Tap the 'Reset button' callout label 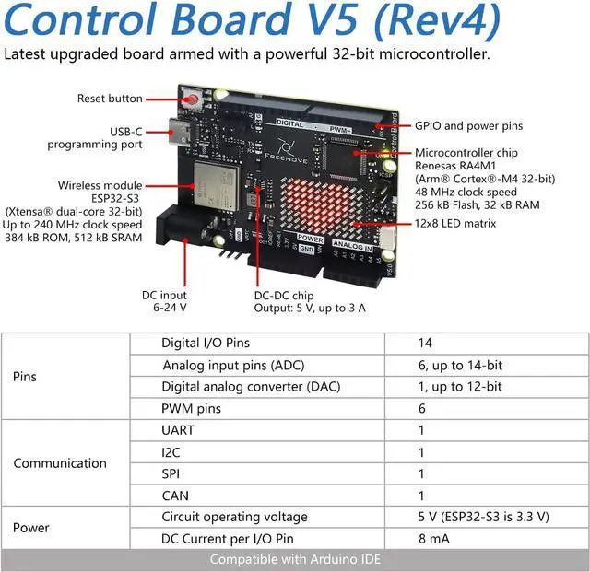tap(110, 99)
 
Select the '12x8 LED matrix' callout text tap(455, 223)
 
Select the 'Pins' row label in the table tap(26, 377)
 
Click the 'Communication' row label tap(60, 463)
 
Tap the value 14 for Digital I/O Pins tap(425, 343)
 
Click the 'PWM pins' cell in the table tap(192, 408)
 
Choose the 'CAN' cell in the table tap(175, 496)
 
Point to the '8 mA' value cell tap(434, 539)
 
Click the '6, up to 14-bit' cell tap(459, 365)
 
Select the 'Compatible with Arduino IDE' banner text tap(295, 559)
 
